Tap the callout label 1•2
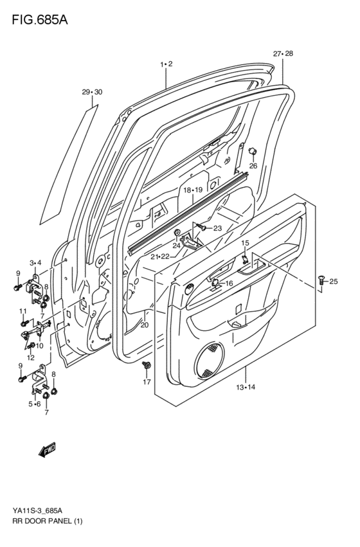point(166,64)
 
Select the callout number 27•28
point(282,54)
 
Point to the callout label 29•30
point(91,93)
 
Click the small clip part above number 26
point(253,152)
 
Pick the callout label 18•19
point(192,190)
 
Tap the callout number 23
point(217,228)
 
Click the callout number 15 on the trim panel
point(245,243)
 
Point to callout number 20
point(144,325)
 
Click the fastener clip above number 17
point(147,366)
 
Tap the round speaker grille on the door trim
point(212,360)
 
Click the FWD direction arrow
point(48,451)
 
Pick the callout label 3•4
point(35,263)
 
